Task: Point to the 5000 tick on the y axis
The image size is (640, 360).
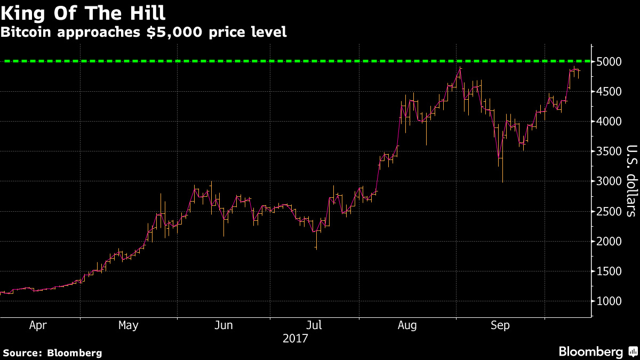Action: [609, 62]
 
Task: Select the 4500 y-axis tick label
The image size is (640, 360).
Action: [609, 92]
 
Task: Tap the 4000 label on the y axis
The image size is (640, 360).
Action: [609, 122]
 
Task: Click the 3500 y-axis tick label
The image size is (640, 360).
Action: [609, 151]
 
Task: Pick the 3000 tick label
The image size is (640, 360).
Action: [609, 181]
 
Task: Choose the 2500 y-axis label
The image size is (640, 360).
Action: [609, 212]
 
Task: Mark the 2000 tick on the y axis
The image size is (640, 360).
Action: [609, 242]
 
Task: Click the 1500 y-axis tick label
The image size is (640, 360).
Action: [609, 271]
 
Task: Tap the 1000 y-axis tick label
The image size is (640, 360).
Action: [609, 301]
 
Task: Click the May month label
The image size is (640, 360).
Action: [129, 325]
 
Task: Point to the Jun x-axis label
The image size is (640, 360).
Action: [224, 325]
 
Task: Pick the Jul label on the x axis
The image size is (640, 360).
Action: [314, 325]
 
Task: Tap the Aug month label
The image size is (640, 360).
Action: [408, 325]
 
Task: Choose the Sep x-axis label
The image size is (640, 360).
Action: [500, 325]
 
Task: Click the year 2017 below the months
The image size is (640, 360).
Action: [296, 338]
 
